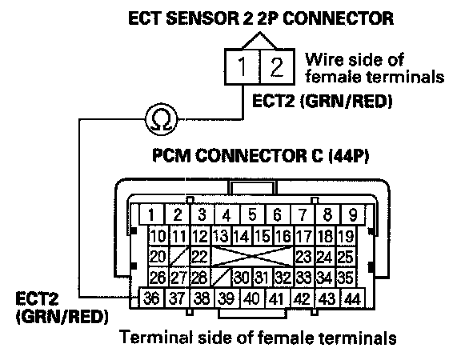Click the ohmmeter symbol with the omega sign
pyautogui.click(x=162, y=119)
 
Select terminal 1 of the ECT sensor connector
pyautogui.click(x=243, y=67)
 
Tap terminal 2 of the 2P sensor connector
pyautogui.click(x=277, y=67)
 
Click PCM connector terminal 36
pyautogui.click(x=151, y=298)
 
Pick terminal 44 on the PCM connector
pyautogui.click(x=352, y=298)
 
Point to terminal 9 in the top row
pyautogui.click(x=352, y=214)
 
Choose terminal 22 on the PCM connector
pyautogui.click(x=200, y=257)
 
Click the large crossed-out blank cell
pyautogui.click(x=252, y=257)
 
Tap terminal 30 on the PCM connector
pyautogui.click(x=242, y=277)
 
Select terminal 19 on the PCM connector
pyautogui.click(x=346, y=236)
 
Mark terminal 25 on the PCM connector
pyautogui.click(x=346, y=257)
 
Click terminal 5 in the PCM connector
pyautogui.click(x=252, y=214)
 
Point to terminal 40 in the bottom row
pyautogui.click(x=252, y=298)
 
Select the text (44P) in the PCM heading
pyautogui.click(x=348, y=155)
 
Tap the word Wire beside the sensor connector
pyautogui.click(x=323, y=60)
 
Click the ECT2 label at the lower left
pyautogui.click(x=37, y=299)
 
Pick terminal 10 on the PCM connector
pyautogui.click(x=158, y=236)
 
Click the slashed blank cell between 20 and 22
pyautogui.click(x=179, y=257)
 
